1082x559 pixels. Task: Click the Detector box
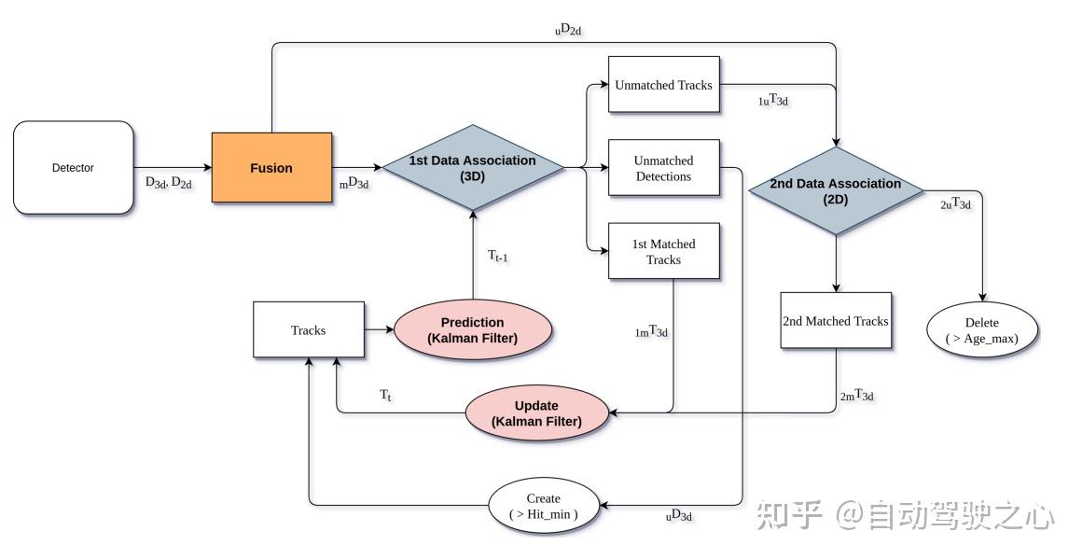point(73,168)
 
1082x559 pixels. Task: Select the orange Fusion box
point(271,168)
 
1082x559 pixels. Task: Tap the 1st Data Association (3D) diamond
point(472,168)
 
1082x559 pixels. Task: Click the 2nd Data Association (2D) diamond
point(836,190)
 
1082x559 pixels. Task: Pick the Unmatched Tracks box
point(663,85)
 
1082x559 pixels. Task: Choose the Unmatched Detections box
point(663,168)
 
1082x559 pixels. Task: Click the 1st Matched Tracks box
point(663,251)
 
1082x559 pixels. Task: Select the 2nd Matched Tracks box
point(836,320)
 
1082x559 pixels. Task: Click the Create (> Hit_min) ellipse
point(544,506)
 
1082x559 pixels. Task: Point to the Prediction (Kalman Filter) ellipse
point(472,329)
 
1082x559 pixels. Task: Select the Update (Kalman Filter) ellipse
point(536,412)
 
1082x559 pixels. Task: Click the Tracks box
point(308,329)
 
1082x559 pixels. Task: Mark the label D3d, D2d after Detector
point(169,183)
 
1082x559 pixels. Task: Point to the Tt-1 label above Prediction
point(497,256)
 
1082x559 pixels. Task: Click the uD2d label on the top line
point(568,31)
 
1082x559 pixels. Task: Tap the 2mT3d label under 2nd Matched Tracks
point(856,397)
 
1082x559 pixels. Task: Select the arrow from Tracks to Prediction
point(379,329)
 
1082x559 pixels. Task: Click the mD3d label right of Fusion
point(354,184)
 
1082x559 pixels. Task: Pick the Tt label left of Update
point(385,396)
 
